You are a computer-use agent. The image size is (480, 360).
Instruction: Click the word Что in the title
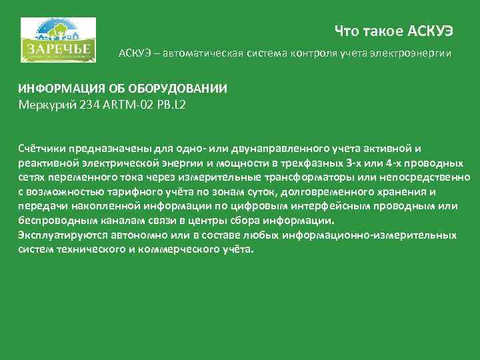pyautogui.click(x=346, y=31)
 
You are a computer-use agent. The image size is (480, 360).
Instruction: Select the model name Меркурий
pyautogui.click(x=44, y=103)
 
